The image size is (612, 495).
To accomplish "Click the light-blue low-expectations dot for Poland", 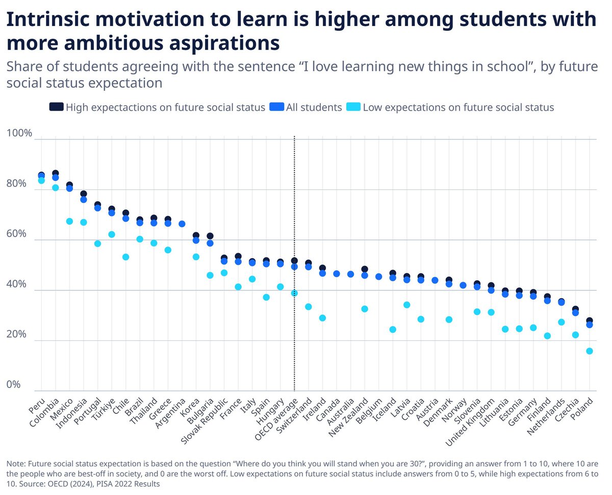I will pos(589,351).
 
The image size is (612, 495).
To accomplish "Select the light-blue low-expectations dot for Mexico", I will pos(69,221).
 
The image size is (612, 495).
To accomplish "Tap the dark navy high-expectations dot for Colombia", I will pos(56,174).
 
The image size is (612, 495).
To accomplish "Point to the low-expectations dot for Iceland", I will pos(393,329).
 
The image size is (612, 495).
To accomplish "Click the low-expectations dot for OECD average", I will pos(294,293).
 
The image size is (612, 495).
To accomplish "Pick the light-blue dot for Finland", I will pos(547,336).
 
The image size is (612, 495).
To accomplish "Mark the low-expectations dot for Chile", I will pos(125,257).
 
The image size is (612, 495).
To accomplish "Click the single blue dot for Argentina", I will pos(182,224).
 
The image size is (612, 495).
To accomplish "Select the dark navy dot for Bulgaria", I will pos(210,236).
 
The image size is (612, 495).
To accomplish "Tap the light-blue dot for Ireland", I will pos(322,318).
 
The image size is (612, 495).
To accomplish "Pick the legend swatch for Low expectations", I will pos(353,107).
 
